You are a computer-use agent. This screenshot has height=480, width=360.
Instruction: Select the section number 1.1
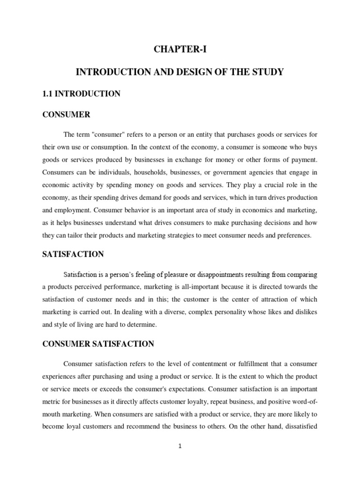pos(48,94)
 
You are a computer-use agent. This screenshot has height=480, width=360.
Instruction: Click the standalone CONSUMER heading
pos(66,114)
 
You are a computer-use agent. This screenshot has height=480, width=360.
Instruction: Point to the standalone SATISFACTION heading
pos(73,254)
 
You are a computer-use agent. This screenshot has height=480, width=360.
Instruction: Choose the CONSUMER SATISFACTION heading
pos(98,344)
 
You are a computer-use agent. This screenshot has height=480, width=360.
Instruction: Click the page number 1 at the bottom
pos(180,446)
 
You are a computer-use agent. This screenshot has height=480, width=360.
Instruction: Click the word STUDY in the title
pos(267,73)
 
